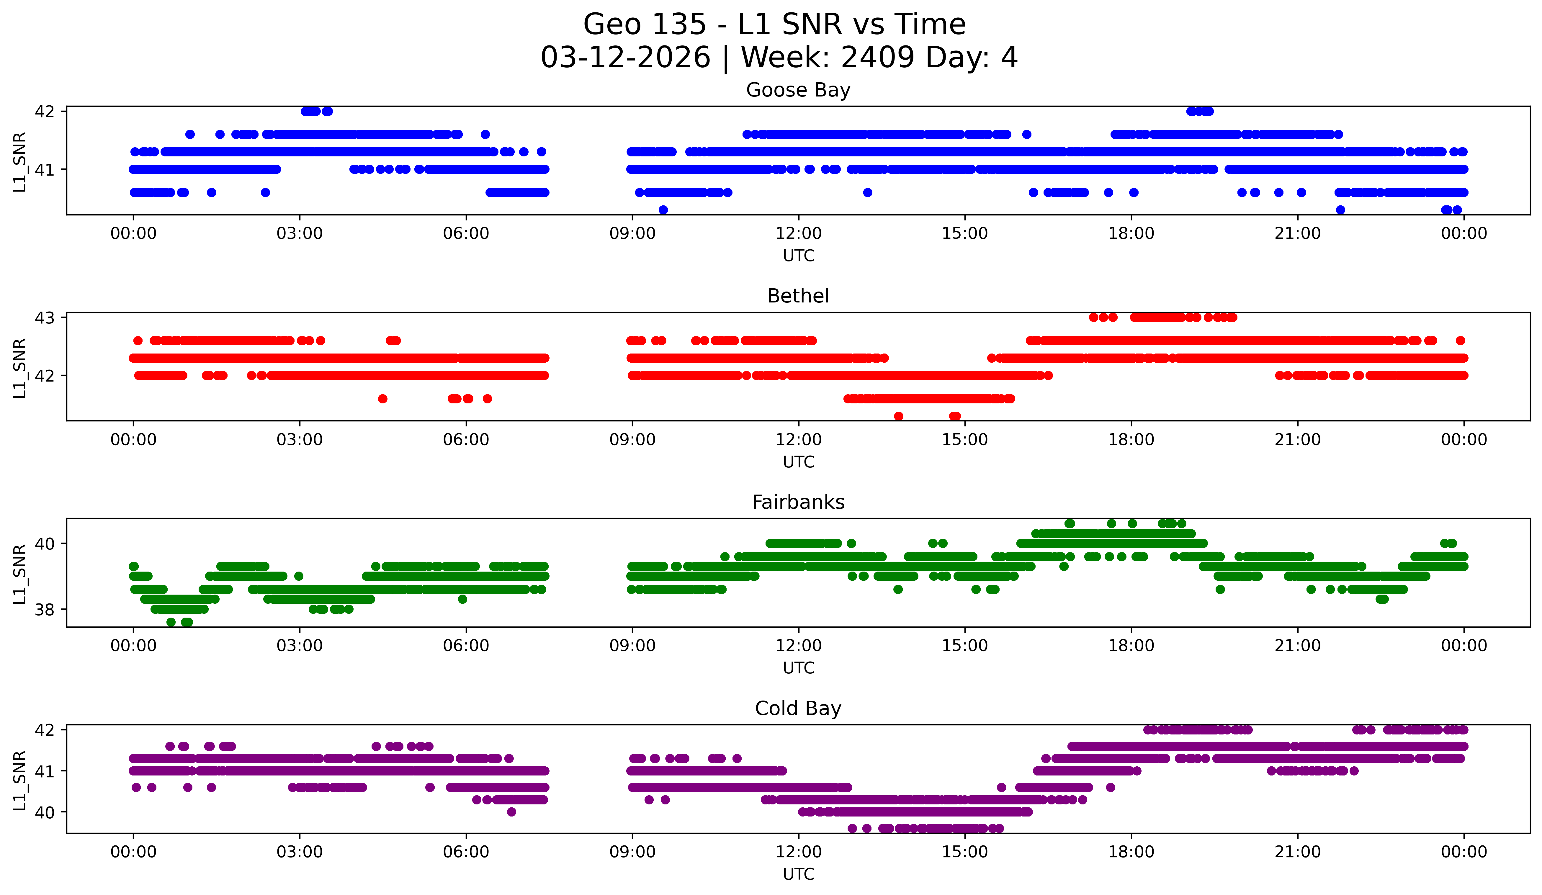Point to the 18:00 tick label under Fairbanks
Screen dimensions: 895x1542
pos(1131,646)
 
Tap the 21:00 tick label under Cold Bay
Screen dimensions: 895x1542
pos(1297,852)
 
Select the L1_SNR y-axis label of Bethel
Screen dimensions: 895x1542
pos(19,368)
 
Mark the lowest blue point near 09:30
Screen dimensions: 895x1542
pos(663,210)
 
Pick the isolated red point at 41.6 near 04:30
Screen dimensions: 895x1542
pos(382,399)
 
